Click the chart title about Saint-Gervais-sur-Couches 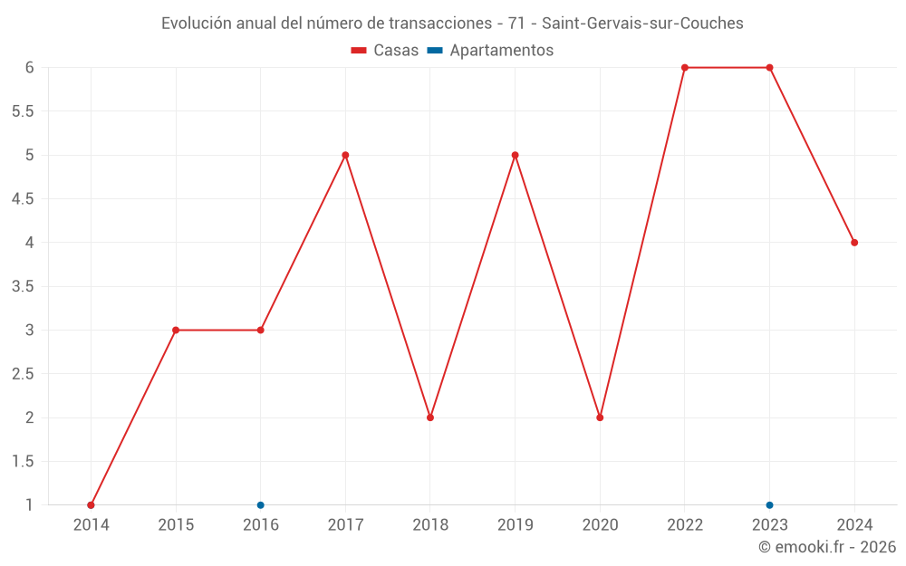tap(452, 24)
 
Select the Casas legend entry tap(385, 51)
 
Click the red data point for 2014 tap(91, 505)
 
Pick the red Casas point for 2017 tap(345, 155)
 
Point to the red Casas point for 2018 tap(430, 417)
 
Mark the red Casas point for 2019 tap(516, 155)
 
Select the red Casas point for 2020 tap(600, 417)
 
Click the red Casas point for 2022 tap(685, 68)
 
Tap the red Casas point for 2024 tap(854, 243)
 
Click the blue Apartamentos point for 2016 tap(261, 505)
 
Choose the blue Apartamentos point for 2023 tap(769, 505)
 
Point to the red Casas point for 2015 tap(176, 330)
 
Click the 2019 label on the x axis tap(516, 524)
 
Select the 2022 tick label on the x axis tap(685, 524)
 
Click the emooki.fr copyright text tap(826, 547)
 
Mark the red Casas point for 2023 tap(769, 68)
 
